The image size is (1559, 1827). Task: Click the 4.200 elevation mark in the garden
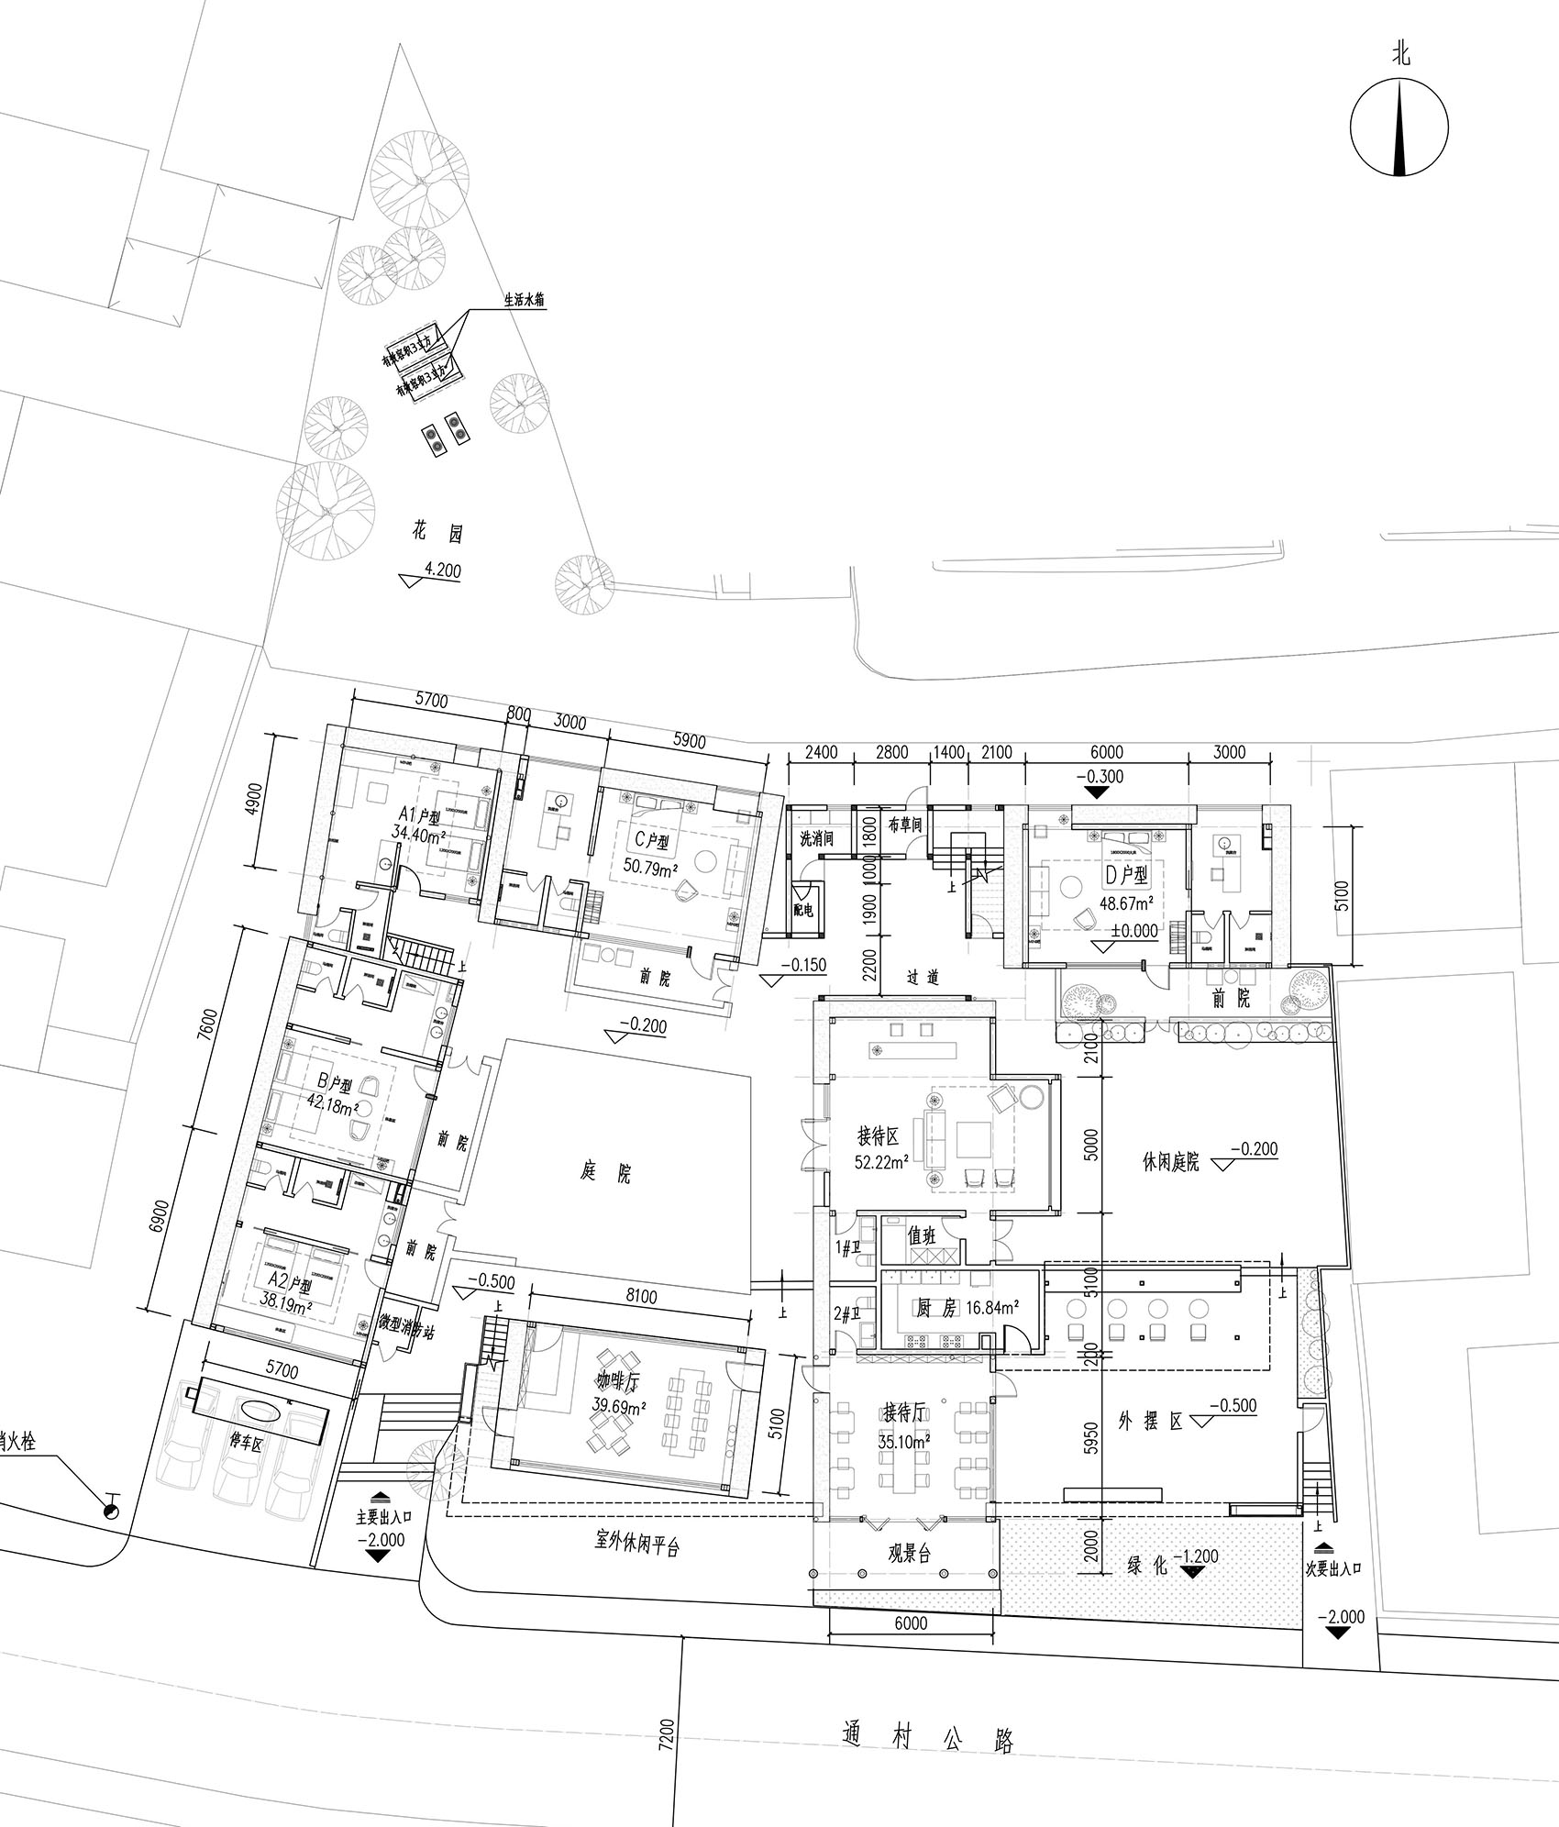click(441, 570)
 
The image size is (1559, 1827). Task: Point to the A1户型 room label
click(418, 815)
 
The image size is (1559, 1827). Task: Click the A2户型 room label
click(291, 1279)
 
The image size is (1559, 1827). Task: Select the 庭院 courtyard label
click(606, 1172)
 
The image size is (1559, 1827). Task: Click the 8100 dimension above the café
click(640, 1297)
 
